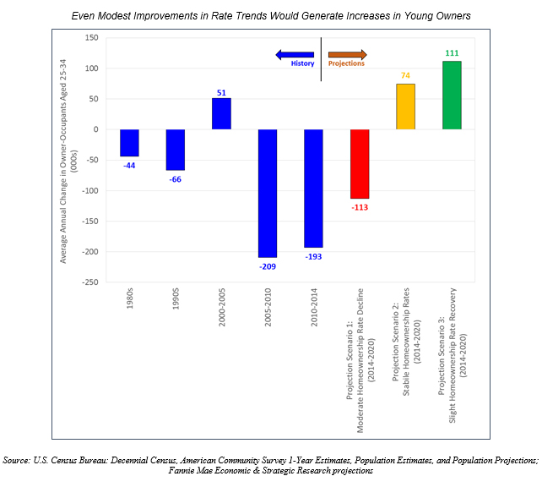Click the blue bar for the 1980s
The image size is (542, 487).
[129, 143]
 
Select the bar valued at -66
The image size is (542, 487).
[175, 150]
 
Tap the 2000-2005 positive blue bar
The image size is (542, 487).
[221, 114]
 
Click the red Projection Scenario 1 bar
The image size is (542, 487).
[360, 164]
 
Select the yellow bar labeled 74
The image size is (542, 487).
[406, 107]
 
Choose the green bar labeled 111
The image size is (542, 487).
[452, 96]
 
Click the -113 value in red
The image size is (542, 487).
[359, 206]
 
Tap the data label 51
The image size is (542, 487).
[221, 90]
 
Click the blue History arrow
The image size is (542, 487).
[295, 54]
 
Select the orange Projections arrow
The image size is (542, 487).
[347, 54]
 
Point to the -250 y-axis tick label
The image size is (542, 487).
[89, 282]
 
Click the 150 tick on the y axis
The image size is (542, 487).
[91, 38]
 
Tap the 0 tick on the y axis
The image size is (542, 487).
[96, 129]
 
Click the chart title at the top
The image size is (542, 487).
[271, 15]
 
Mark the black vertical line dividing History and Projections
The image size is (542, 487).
[321, 59]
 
